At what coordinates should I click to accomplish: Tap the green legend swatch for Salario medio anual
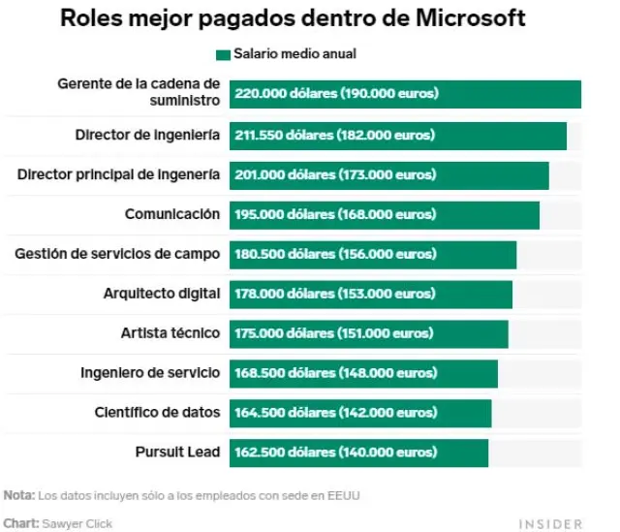point(223,54)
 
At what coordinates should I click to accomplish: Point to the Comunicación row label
point(171,214)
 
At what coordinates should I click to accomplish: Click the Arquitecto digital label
point(161,294)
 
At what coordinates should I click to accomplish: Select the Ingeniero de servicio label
point(150,373)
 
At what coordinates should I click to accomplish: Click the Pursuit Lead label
point(177,453)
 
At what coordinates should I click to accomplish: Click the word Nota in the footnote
point(17,495)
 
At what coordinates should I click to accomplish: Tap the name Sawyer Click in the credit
point(77,524)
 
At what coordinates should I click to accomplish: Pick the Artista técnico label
point(170,333)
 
